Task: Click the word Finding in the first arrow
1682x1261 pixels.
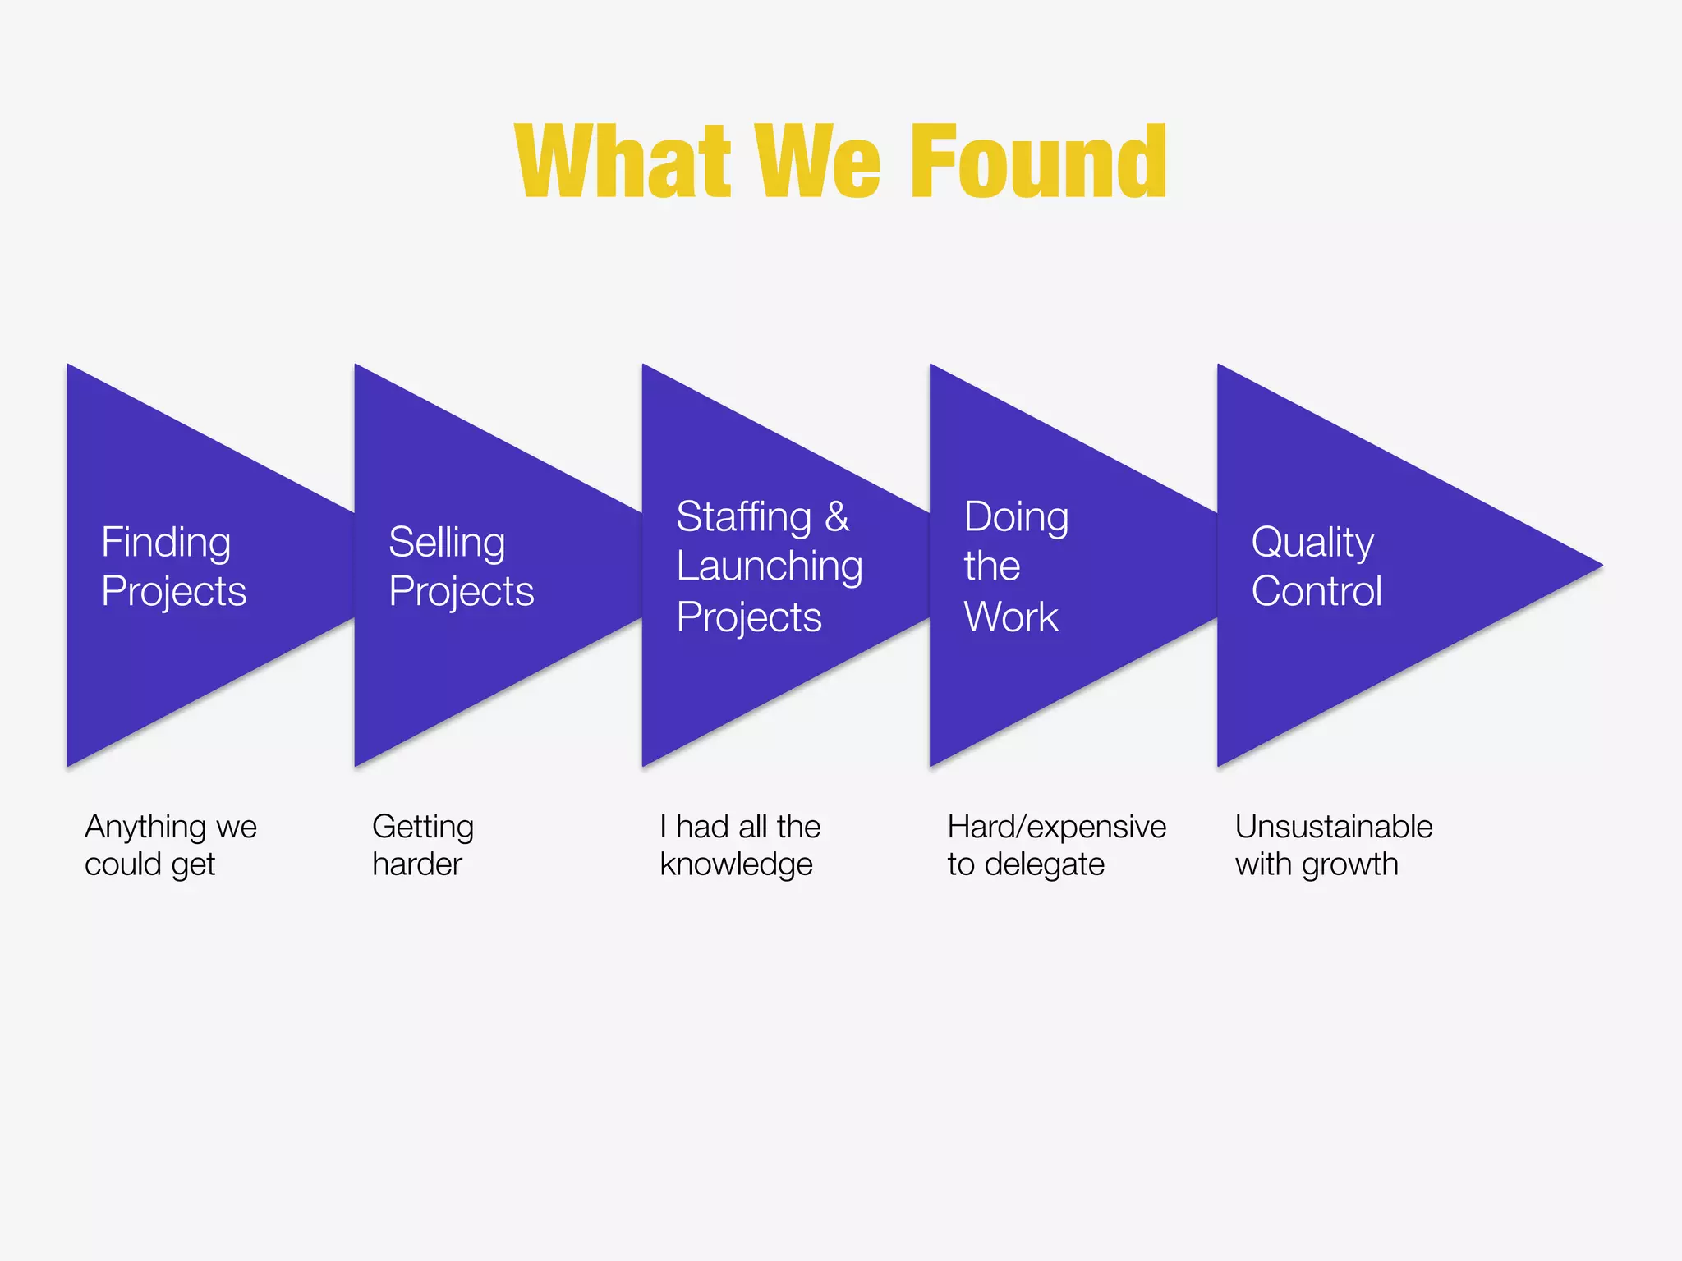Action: click(x=166, y=543)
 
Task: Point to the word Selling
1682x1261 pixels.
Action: click(x=447, y=543)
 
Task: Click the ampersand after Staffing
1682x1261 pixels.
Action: click(x=837, y=517)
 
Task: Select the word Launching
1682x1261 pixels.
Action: click(x=770, y=566)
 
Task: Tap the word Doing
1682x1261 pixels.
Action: click(x=1016, y=517)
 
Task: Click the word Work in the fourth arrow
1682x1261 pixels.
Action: click(x=1011, y=617)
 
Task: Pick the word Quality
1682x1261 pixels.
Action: click(x=1312, y=543)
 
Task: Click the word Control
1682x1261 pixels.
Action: click(x=1317, y=591)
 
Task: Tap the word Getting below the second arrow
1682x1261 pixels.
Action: click(x=423, y=828)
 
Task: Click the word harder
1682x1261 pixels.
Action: click(x=417, y=864)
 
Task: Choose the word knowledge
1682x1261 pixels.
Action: click(x=736, y=864)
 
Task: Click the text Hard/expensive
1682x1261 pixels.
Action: click(x=1056, y=828)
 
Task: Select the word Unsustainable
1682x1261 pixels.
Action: click(x=1334, y=827)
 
